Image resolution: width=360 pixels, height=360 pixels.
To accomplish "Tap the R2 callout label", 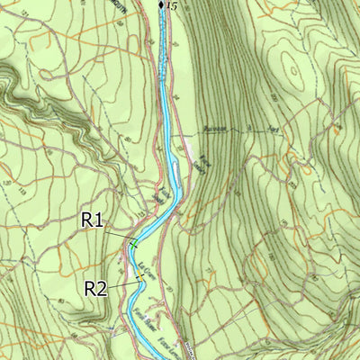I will pos(96,288).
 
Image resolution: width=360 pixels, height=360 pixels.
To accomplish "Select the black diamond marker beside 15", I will pos(161,5).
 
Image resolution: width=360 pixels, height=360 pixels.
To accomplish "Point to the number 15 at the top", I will pos(172,5).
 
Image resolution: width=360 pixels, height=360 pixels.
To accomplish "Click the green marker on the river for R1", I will pos(133,244).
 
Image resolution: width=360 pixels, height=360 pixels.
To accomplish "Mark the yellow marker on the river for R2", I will pos(140,280).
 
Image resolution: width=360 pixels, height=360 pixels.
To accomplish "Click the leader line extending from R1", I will pos(119,235).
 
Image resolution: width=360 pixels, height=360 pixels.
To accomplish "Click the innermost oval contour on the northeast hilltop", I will pos(290,65).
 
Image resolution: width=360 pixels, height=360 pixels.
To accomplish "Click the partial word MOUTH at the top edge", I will pos(121,4).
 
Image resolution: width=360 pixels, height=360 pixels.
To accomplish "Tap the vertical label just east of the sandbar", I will pos(202,167).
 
